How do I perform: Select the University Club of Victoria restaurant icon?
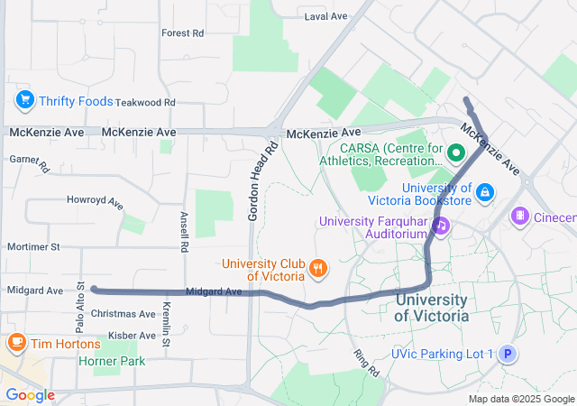317,268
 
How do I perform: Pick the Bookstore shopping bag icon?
486,191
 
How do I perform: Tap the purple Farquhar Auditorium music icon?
440,226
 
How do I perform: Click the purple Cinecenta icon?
520,217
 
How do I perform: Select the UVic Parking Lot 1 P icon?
508,355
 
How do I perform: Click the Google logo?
30,395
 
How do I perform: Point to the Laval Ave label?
325,16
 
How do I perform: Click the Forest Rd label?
182,33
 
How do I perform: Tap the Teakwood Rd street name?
144,103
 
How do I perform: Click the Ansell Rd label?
183,231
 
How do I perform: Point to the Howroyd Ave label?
95,201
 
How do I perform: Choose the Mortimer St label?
32,246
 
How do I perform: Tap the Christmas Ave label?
124,314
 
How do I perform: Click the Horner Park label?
113,361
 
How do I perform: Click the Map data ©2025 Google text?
520,399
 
